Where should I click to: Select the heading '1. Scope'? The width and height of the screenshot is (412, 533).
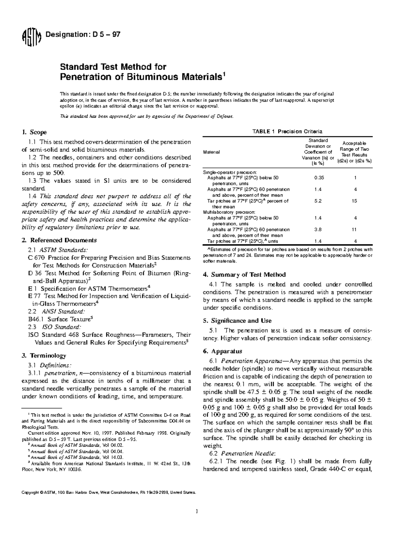click(34, 132)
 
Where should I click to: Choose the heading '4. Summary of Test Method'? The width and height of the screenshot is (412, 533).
click(244, 275)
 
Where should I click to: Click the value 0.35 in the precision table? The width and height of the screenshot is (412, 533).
click(319, 178)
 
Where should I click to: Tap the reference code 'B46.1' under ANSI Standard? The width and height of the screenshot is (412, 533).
click(36, 319)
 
